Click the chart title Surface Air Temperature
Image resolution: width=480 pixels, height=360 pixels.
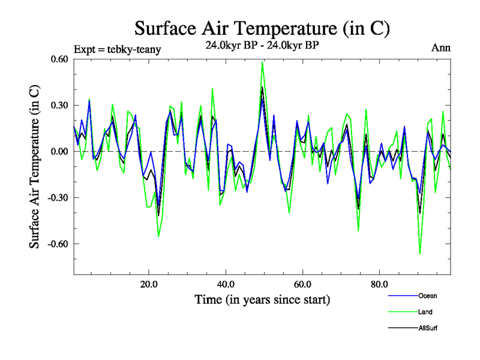(262, 28)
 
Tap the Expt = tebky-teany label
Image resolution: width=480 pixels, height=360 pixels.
(116, 48)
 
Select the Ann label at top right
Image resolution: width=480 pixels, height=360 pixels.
(441, 48)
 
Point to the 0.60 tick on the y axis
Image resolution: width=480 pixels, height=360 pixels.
(59, 59)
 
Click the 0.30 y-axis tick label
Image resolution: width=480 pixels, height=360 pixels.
(59, 105)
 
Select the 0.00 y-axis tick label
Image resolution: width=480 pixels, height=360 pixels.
(59, 151)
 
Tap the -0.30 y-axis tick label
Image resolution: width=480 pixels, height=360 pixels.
(58, 197)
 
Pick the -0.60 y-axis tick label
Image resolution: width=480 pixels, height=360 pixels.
(58, 244)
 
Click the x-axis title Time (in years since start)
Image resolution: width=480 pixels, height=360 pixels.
(262, 299)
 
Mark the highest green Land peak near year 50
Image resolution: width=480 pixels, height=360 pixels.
(262, 62)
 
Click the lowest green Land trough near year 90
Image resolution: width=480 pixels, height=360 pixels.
(420, 254)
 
